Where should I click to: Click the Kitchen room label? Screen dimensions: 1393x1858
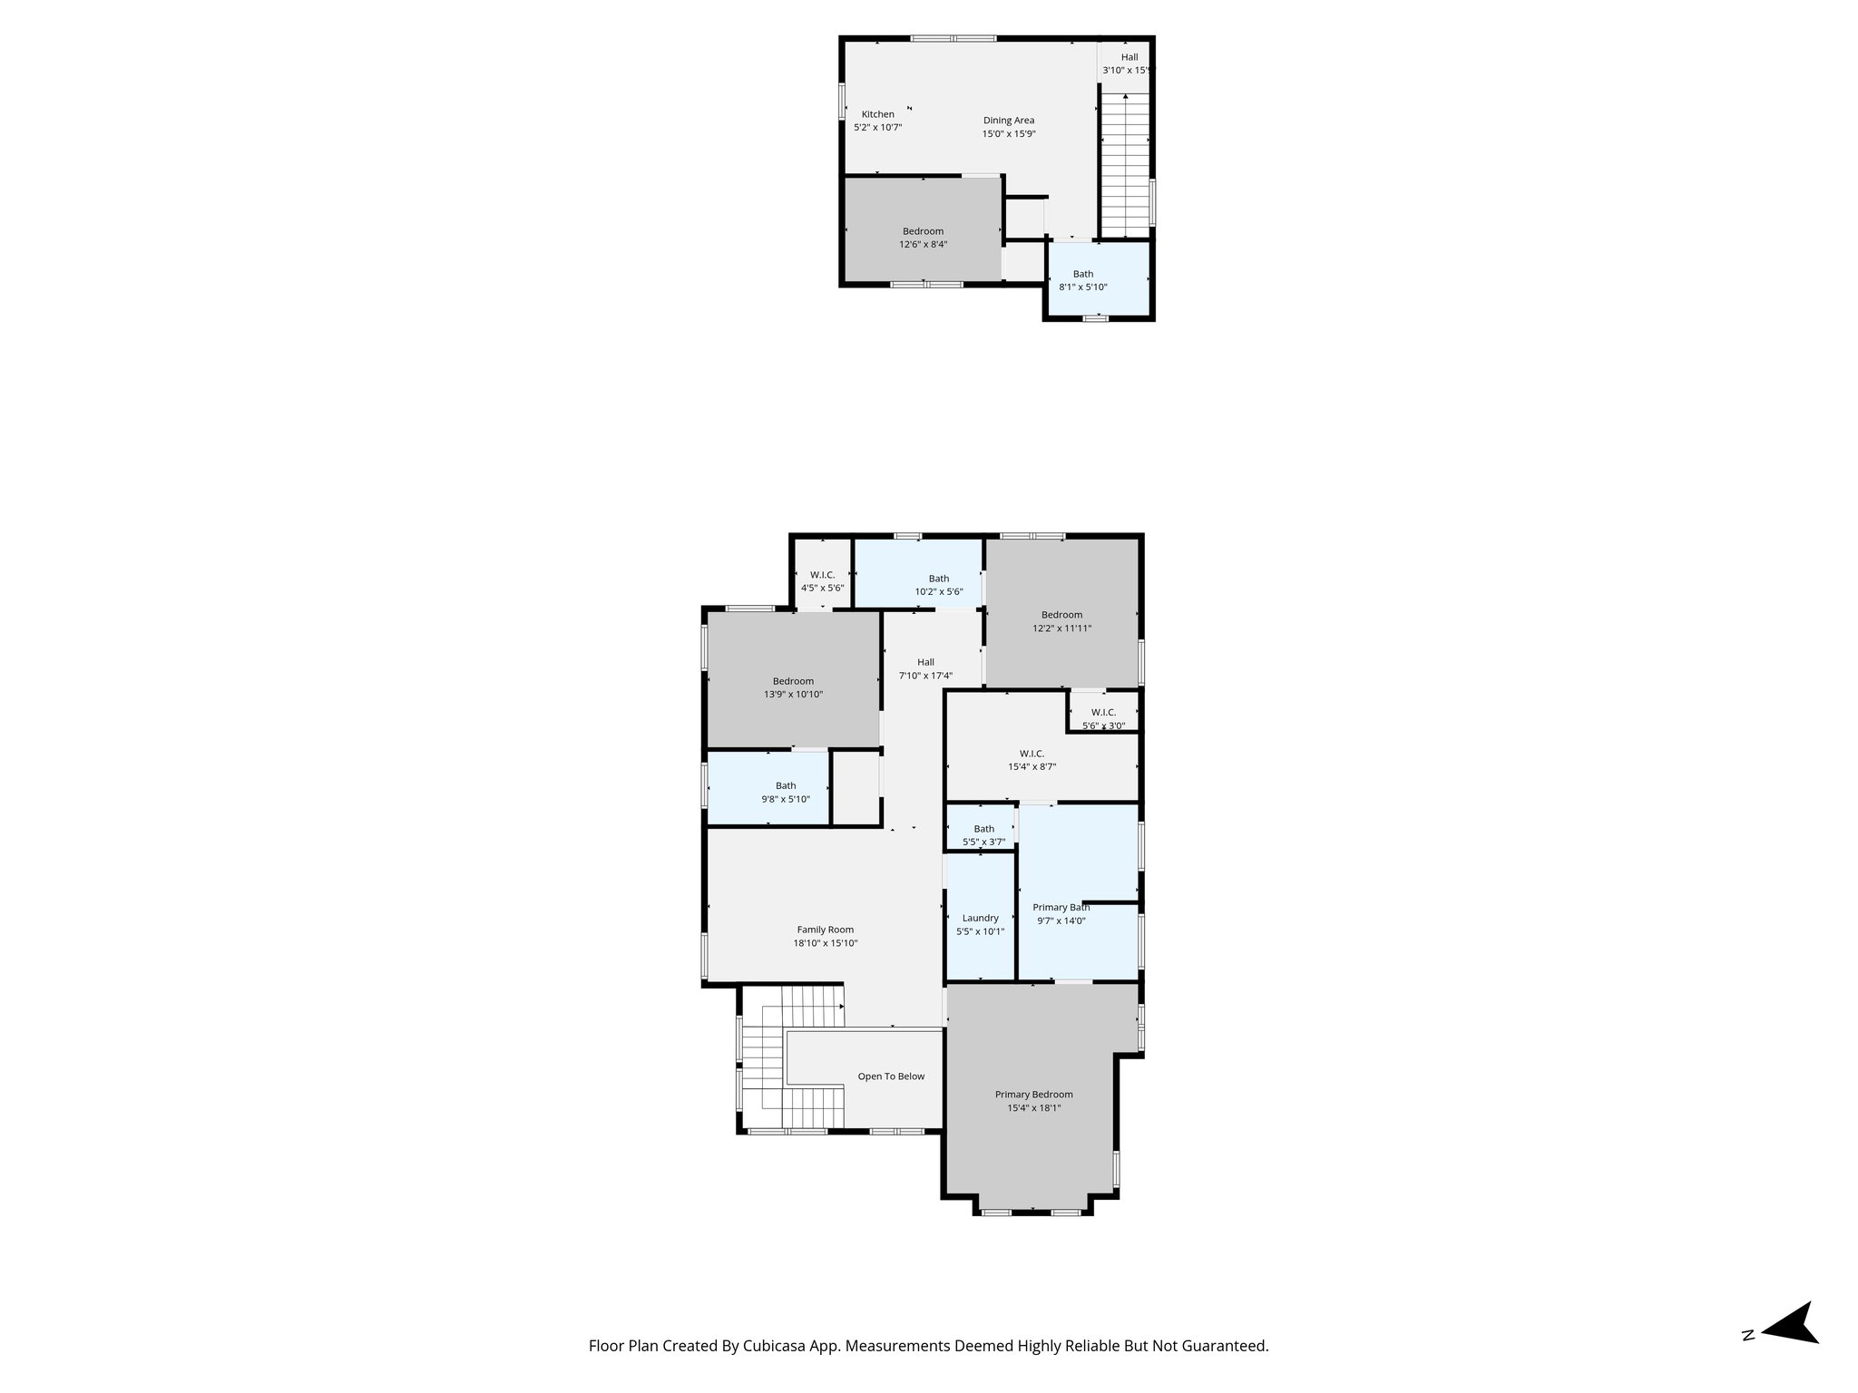pos(877,114)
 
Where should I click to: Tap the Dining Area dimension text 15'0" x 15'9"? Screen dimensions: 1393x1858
pos(1008,134)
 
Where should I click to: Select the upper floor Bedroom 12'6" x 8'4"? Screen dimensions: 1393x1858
pos(923,238)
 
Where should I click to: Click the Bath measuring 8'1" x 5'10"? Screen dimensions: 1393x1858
pos(1082,280)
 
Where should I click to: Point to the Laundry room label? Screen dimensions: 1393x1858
pos(980,918)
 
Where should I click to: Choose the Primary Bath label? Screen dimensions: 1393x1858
pos(1061,907)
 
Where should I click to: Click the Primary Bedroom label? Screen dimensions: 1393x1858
pos(1033,1095)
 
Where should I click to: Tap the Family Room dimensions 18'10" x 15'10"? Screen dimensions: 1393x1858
pos(825,943)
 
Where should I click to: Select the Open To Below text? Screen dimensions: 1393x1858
pos(891,1076)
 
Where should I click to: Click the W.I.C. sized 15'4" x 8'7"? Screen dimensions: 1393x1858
pos(1032,760)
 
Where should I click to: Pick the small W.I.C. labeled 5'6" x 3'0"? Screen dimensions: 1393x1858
pos(1103,718)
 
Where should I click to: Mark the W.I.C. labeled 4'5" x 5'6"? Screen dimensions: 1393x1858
pos(822,581)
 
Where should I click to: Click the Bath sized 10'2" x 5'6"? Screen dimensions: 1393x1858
pos(938,585)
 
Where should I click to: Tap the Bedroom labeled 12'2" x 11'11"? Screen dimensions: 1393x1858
pos(1061,621)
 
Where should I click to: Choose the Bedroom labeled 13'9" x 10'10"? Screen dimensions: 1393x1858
pos(793,687)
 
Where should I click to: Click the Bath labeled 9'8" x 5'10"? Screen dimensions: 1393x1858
pos(785,793)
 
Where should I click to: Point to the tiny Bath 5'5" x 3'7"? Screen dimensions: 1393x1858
pos(983,835)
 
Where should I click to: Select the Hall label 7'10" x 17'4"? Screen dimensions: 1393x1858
pos(924,668)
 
